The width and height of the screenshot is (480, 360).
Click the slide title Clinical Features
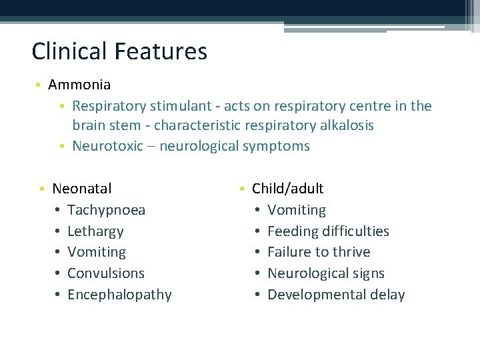pos(119,51)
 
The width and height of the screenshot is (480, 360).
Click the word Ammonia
pos(79,85)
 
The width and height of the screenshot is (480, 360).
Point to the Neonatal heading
pos(81,189)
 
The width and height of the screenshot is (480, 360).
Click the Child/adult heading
pos(287,189)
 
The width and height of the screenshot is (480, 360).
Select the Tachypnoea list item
pos(106,210)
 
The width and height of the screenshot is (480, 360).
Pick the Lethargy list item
pos(95,231)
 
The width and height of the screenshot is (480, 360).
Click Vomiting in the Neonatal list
pos(97,252)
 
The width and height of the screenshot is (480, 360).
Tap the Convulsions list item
pos(105,273)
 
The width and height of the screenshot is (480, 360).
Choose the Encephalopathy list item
pos(119,295)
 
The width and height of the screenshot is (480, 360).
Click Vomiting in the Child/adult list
pos(297,210)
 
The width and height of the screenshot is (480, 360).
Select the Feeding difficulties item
pos(328,231)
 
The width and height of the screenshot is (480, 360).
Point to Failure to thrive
pos(319,252)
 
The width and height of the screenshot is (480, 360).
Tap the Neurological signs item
pos(326,273)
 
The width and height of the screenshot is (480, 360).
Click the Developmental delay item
pos(336,295)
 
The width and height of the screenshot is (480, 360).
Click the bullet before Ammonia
pos(40,85)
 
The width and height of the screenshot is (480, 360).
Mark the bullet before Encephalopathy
pos(59,295)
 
